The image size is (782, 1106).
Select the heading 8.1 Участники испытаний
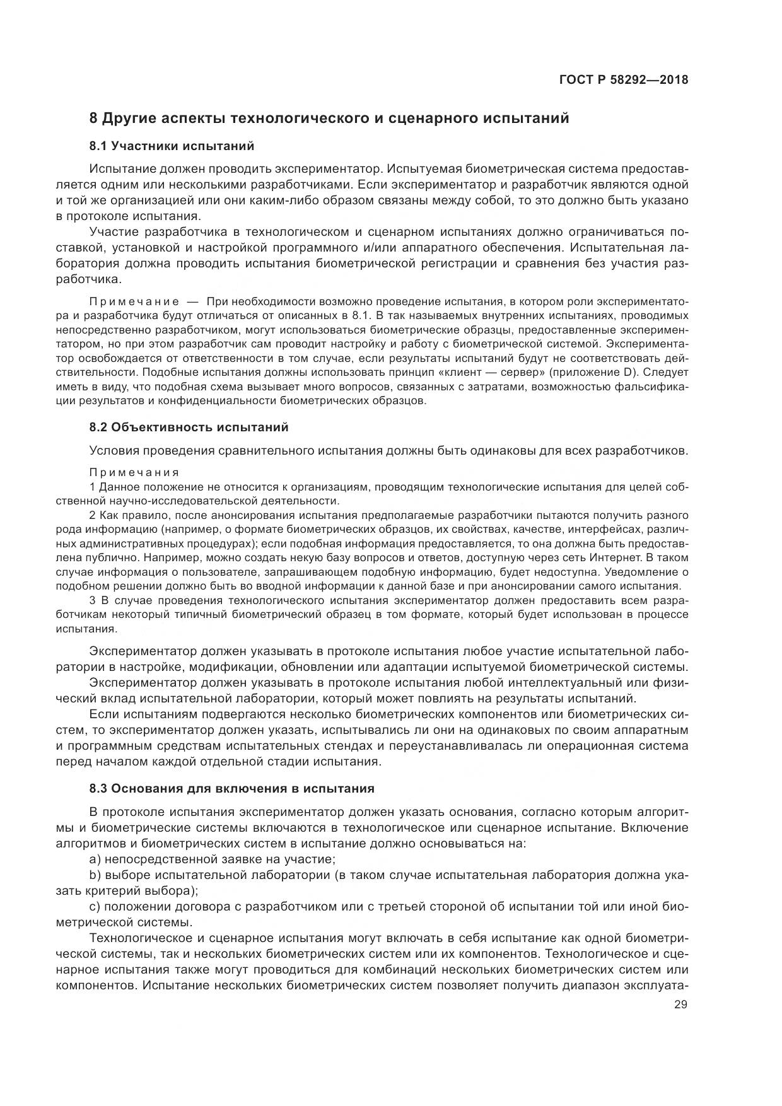[172, 146]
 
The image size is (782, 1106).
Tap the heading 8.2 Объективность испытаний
[189, 428]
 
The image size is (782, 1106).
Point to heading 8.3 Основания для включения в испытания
[231, 788]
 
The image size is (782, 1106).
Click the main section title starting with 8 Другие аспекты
[329, 118]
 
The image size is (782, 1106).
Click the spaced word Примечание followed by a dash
[134, 301]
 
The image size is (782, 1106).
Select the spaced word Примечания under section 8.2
[134, 472]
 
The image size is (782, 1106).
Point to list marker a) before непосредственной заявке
[95, 859]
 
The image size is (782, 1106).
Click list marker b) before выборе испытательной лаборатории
[95, 875]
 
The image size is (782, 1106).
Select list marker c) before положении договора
[95, 907]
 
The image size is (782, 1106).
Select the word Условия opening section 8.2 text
[113, 451]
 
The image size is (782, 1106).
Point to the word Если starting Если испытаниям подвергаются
[103, 714]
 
